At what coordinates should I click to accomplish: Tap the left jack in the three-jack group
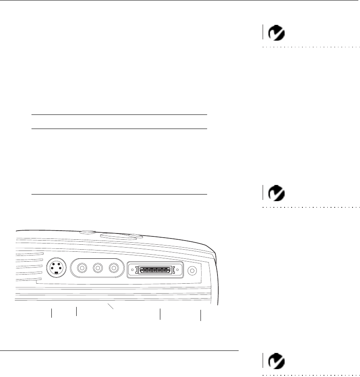click(83, 268)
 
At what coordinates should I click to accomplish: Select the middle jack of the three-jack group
click(98, 268)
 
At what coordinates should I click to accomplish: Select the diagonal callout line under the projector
click(111, 306)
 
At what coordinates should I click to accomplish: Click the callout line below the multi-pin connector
click(160, 314)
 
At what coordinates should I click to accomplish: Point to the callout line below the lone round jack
click(201, 315)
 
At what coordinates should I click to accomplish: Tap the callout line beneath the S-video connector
click(52, 313)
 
